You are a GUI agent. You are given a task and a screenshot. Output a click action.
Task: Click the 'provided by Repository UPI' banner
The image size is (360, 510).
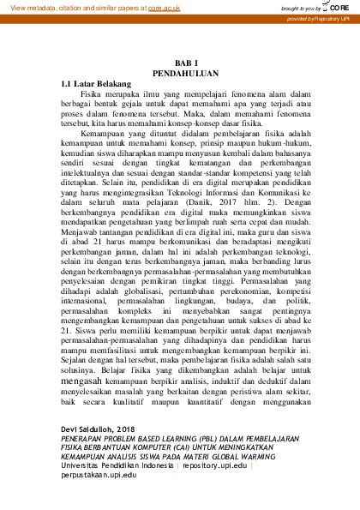pos(321,17)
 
